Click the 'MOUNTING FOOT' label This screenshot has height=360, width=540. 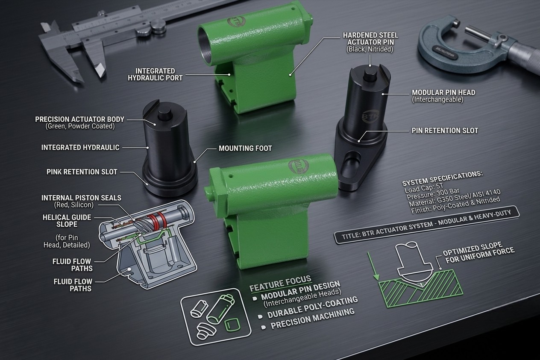coord(245,148)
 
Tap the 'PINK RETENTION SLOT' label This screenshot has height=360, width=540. coord(82,172)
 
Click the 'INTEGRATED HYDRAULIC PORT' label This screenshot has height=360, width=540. coord(155,74)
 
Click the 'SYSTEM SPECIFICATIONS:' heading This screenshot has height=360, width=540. coord(442,178)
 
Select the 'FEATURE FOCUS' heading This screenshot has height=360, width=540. coord(280,284)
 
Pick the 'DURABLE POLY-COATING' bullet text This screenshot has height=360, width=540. coord(312,307)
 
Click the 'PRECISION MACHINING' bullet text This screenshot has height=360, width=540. coord(313,319)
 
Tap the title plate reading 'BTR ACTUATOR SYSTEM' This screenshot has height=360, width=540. coord(426,225)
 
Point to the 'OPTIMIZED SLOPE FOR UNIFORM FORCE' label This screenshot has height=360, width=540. coord(478,252)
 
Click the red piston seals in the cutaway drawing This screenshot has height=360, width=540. coord(157,221)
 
